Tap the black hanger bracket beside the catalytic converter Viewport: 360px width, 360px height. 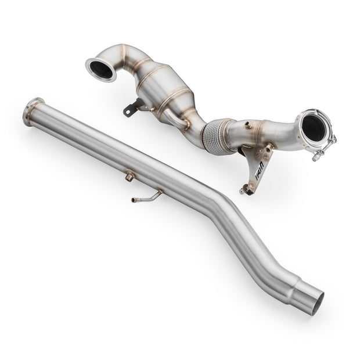(135, 107)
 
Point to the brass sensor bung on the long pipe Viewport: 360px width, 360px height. (129, 175)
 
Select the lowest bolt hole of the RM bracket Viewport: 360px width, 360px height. (244, 190)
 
